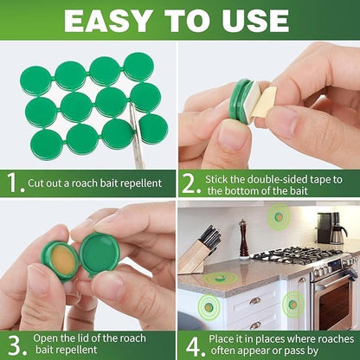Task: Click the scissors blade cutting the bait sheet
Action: click(x=136, y=142)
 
